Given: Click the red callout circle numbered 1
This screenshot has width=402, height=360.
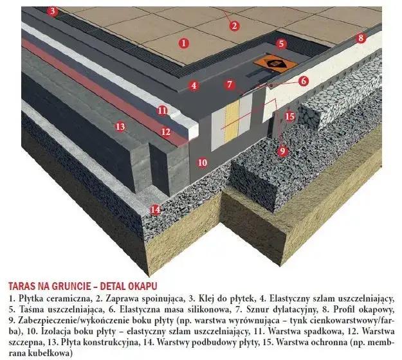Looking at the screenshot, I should point(184,43).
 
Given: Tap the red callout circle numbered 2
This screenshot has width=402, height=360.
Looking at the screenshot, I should point(234,26).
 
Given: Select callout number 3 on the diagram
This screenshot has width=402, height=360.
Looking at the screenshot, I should point(52,11).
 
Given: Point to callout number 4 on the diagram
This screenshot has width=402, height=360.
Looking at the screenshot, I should point(194,85).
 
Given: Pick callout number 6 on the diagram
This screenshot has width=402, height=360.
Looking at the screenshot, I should point(303,81).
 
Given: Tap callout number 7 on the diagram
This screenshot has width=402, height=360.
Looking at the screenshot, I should point(229,84).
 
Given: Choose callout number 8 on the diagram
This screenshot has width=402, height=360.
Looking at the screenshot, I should point(361,38).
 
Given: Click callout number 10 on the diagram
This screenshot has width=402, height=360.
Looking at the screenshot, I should point(202,163).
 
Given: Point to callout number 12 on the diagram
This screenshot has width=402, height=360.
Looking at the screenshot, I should point(165,132).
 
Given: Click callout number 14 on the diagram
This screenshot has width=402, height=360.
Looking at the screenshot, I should point(154,209).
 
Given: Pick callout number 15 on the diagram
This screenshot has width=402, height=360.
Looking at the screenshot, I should point(289,116).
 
